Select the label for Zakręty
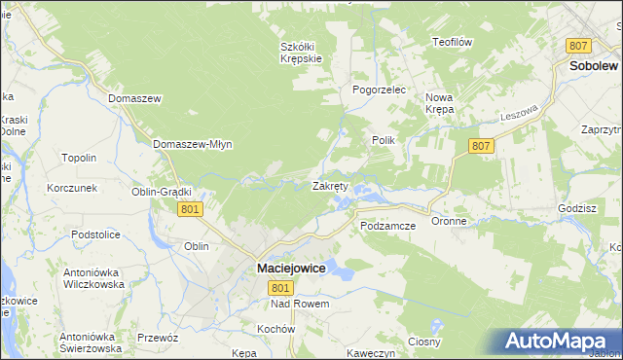[x=330, y=186]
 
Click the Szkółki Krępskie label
[x=301, y=52]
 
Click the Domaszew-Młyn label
[x=192, y=144]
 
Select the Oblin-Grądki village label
[x=162, y=192]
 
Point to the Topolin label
[x=79, y=158]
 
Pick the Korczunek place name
[x=71, y=187]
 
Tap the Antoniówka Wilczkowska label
[x=92, y=279]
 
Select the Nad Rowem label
[x=301, y=305]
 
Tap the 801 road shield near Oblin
[x=191, y=209]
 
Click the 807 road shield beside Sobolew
[x=579, y=46]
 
